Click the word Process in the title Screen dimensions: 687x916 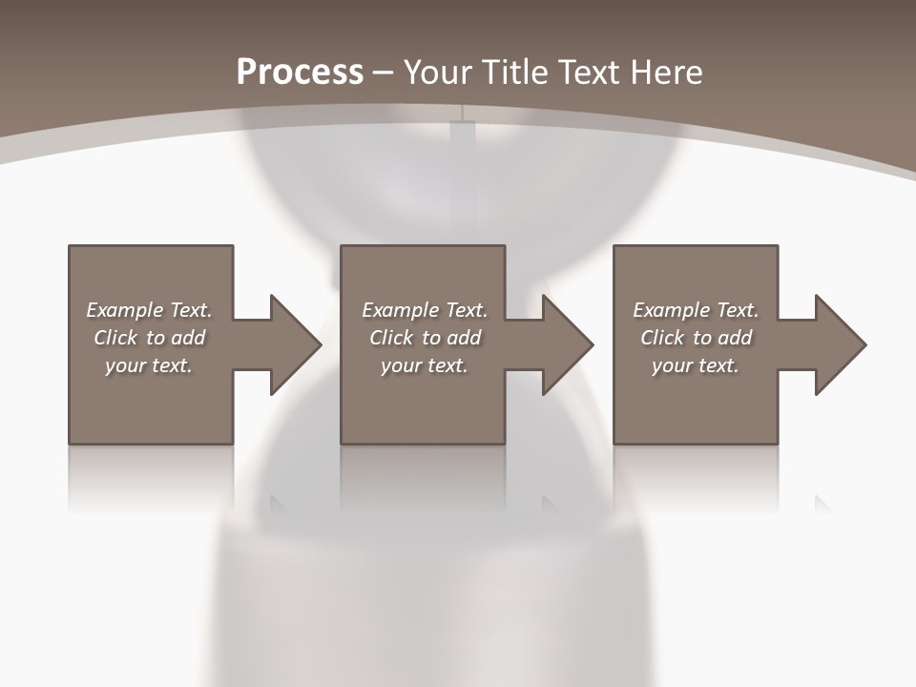(x=300, y=73)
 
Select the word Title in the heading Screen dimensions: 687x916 (x=516, y=73)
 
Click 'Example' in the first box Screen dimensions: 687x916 (x=124, y=310)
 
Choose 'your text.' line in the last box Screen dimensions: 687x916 (x=696, y=365)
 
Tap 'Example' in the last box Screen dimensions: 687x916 (x=671, y=310)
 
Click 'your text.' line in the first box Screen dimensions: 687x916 (x=149, y=365)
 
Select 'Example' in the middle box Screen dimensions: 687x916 (x=400, y=310)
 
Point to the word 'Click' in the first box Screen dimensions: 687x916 (x=116, y=338)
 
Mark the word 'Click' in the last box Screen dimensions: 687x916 (x=663, y=338)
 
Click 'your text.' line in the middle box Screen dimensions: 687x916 (x=424, y=365)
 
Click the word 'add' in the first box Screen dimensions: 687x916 (x=188, y=338)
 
